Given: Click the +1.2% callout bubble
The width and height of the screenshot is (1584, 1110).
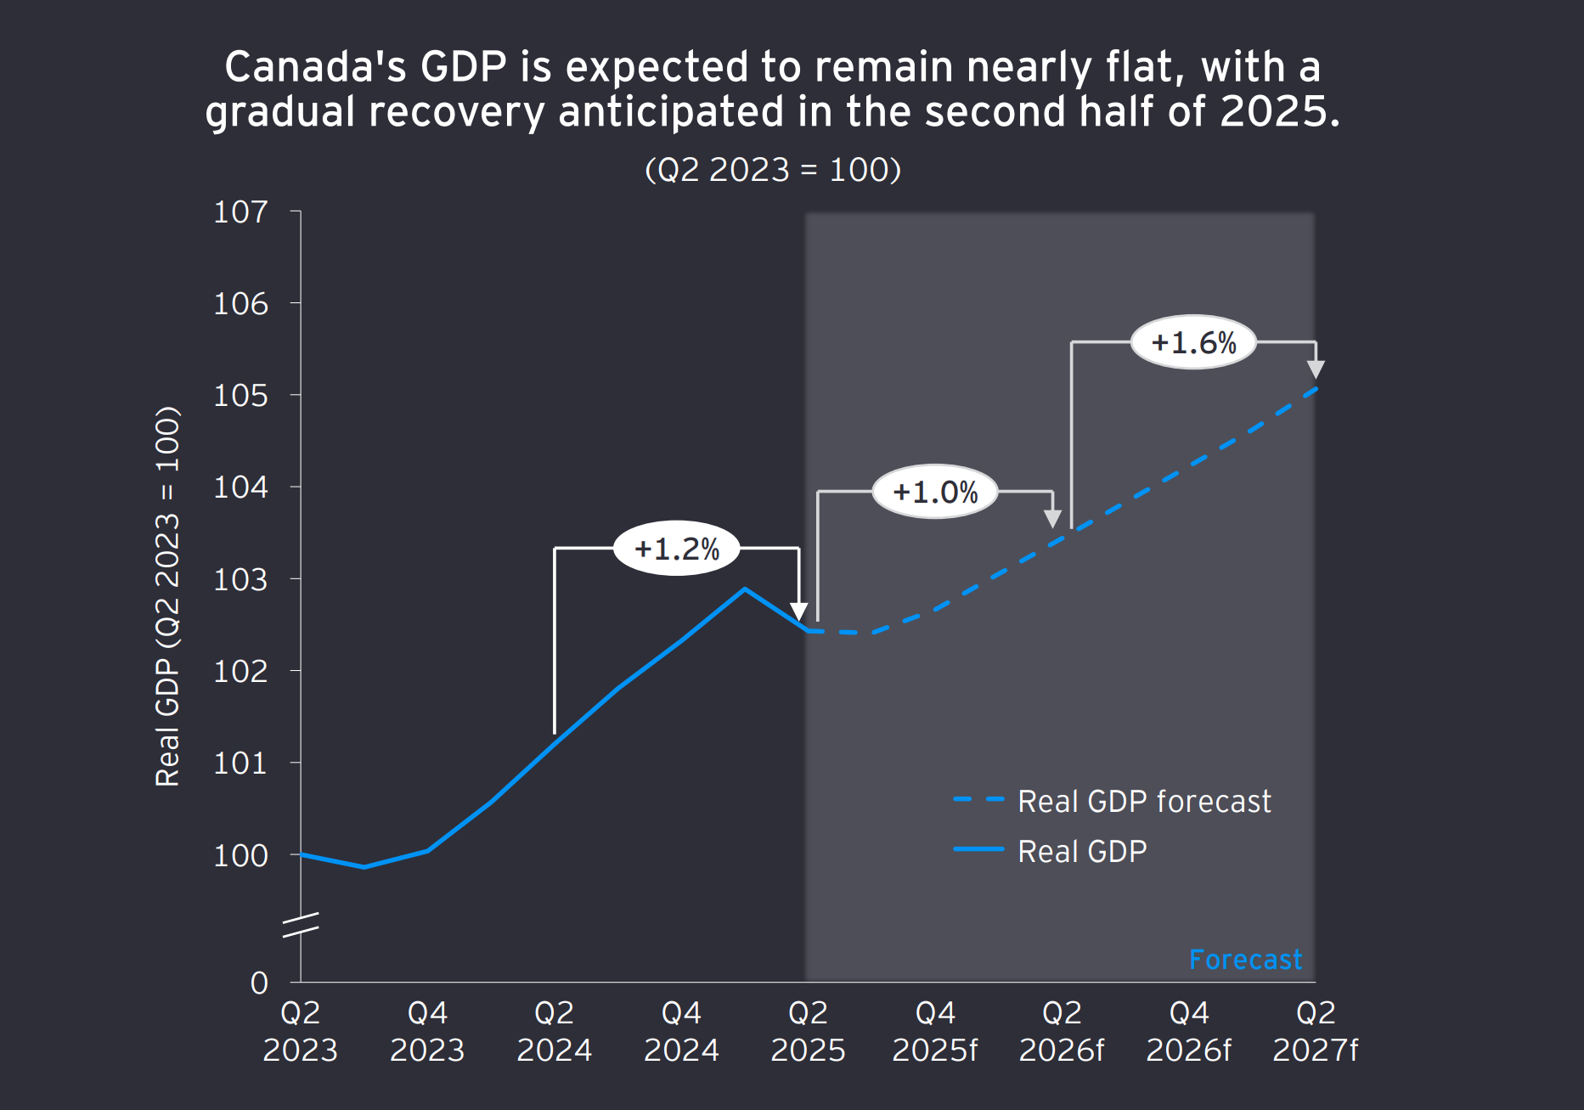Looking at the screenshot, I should click(x=676, y=549).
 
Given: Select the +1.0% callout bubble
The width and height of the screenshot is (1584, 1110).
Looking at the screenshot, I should click(x=935, y=492).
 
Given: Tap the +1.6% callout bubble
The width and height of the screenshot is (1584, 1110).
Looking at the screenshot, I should click(x=1193, y=342).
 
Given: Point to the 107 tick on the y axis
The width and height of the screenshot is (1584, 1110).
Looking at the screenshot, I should click(x=240, y=211).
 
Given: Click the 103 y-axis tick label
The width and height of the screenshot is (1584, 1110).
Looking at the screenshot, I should click(x=240, y=579).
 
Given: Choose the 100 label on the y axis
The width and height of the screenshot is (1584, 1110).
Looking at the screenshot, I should click(x=240, y=855).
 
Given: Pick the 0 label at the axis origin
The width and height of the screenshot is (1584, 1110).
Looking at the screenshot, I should click(x=259, y=983).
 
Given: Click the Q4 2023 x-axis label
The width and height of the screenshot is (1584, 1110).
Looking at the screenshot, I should click(x=427, y=1031).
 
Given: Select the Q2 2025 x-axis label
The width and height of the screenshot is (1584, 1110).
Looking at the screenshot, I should click(x=808, y=1031).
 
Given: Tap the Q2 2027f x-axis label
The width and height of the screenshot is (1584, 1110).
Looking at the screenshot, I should click(x=1315, y=1031).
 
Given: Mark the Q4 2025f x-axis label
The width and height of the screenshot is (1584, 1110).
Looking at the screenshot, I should click(x=935, y=1031).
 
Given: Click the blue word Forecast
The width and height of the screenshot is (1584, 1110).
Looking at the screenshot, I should click(x=1245, y=960).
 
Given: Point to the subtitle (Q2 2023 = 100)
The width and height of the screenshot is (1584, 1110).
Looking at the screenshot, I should click(x=773, y=170).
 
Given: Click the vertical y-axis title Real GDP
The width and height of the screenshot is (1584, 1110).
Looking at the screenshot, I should click(x=167, y=597).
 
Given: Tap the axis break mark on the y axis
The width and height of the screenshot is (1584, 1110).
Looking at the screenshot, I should click(x=301, y=925).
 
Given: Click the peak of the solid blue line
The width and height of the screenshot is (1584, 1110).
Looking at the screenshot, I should click(x=745, y=589).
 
